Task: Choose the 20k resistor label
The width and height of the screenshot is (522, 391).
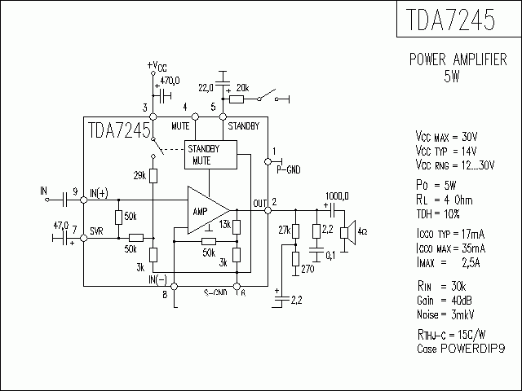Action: [x=243, y=86]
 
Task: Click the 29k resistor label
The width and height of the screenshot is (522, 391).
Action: [x=139, y=176]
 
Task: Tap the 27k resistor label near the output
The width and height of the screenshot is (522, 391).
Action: [x=284, y=230]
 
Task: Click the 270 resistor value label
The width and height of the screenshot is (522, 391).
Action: [x=307, y=268]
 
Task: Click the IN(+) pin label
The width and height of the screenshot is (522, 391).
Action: [x=99, y=192]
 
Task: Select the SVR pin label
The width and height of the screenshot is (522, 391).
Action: [x=97, y=231]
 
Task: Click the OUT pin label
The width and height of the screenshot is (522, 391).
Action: [x=259, y=203]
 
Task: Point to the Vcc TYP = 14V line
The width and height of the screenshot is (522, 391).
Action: [x=447, y=151]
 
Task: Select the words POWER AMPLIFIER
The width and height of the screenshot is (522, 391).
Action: [x=457, y=60]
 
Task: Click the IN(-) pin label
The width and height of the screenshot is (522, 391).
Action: [x=158, y=279]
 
